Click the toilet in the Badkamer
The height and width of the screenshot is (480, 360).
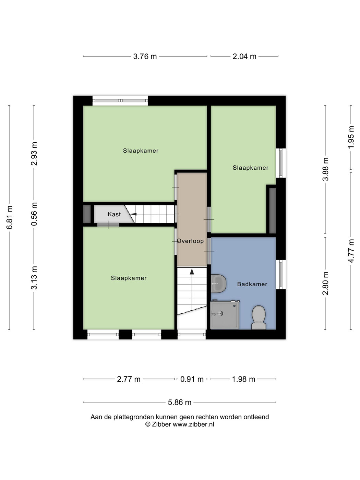pyautogui.click(x=259, y=317)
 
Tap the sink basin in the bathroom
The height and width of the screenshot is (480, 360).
pyautogui.click(x=218, y=284)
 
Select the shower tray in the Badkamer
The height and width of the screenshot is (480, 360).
pyautogui.click(x=225, y=314)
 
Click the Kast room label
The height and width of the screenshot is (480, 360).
pyautogui.click(x=114, y=214)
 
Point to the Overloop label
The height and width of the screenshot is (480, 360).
pyautogui.click(x=190, y=241)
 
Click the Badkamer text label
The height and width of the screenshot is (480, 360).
pyautogui.click(x=252, y=284)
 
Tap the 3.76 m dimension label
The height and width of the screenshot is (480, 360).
pyautogui.click(x=145, y=57)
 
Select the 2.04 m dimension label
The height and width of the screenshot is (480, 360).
pyautogui.click(x=244, y=57)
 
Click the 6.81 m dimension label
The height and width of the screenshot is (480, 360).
pyautogui.click(x=10, y=217)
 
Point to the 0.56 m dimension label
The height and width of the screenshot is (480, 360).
pyautogui.click(x=34, y=214)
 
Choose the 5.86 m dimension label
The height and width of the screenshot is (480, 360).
pyautogui.click(x=179, y=403)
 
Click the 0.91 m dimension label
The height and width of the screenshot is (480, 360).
pyautogui.click(x=192, y=379)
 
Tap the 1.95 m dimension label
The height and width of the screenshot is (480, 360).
pyautogui.click(x=351, y=137)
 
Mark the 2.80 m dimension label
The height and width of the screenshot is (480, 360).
pyautogui.click(x=325, y=283)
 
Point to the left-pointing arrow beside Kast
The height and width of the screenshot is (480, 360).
pyautogui.click(x=133, y=214)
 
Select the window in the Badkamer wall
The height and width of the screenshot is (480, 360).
pyautogui.click(x=281, y=274)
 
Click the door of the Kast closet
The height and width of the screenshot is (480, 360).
pyautogui.click(x=108, y=225)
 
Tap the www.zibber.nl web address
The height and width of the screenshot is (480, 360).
pyautogui.click(x=193, y=424)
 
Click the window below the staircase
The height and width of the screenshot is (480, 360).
pyautogui.click(x=191, y=335)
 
